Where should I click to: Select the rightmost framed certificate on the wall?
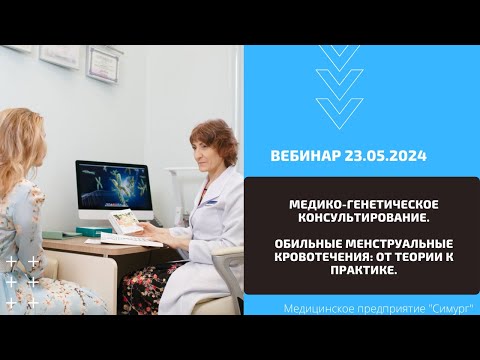103,61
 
